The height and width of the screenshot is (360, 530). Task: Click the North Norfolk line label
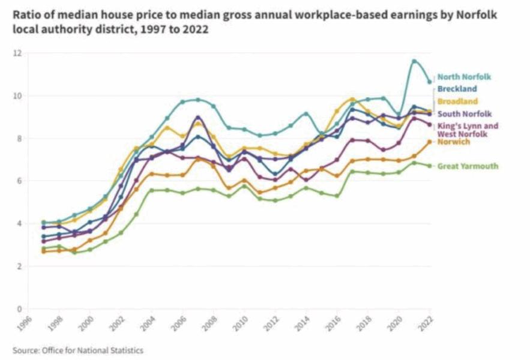tap(464, 77)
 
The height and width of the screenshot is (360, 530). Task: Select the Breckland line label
tap(457, 89)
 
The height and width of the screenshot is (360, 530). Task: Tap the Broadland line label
tap(457, 101)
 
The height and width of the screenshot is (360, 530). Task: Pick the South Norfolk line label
tap(465, 114)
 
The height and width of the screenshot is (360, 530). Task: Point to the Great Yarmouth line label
tap(468, 166)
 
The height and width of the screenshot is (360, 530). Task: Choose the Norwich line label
tap(454, 142)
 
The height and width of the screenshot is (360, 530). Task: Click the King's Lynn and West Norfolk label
tap(468, 130)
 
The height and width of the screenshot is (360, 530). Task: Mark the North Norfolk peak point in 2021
tap(414, 61)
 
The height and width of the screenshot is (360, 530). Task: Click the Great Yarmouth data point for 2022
tap(429, 166)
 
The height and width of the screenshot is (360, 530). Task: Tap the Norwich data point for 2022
tap(429, 142)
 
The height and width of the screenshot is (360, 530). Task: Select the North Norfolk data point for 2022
tap(429, 82)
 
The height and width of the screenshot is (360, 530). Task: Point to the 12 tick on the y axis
tap(18, 53)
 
